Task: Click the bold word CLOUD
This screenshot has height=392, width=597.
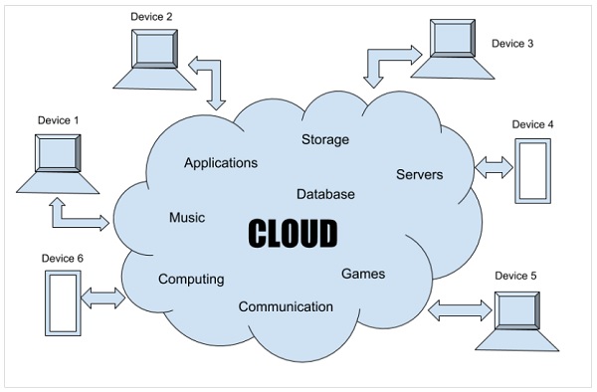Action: (292, 233)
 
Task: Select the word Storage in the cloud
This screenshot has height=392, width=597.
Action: (325, 139)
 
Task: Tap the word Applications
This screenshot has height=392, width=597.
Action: (220, 162)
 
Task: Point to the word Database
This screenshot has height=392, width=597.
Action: (325, 194)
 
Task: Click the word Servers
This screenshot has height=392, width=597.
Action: (419, 174)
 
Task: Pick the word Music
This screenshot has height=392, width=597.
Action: (187, 217)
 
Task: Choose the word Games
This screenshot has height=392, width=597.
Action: (362, 274)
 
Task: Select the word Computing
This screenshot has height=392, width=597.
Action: (191, 280)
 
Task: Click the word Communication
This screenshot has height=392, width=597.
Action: (286, 306)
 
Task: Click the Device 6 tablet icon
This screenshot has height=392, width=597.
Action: (62, 300)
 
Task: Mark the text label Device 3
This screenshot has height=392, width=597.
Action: (512, 44)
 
